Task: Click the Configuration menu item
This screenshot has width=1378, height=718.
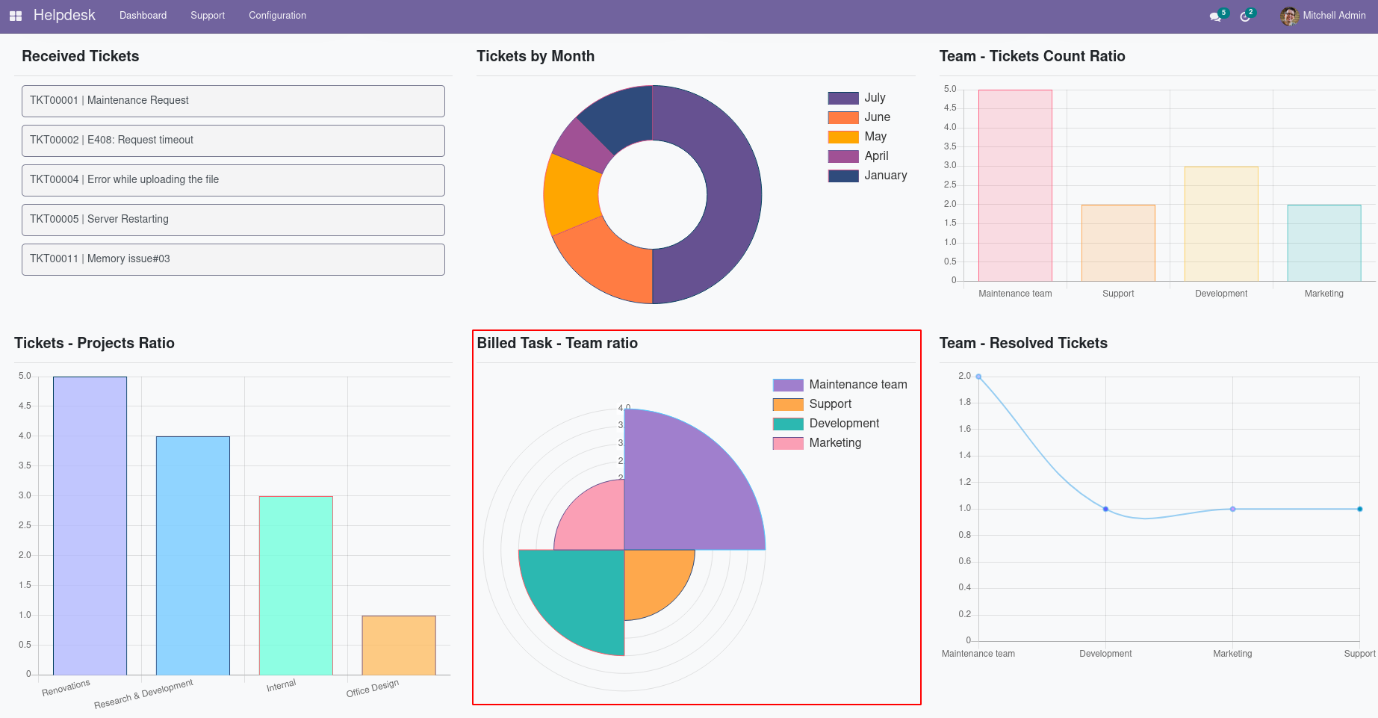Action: [x=277, y=15]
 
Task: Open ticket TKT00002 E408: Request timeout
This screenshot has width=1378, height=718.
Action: [x=233, y=140]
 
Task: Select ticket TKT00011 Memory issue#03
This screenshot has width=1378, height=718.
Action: [x=233, y=259]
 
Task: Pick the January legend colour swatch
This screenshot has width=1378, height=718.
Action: [x=842, y=176]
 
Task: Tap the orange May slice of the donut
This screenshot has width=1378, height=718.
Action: [x=571, y=194]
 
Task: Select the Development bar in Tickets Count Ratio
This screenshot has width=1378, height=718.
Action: [x=1221, y=224]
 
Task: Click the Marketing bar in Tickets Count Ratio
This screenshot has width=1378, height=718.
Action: [x=1323, y=243]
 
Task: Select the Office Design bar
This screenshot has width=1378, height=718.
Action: [x=399, y=646]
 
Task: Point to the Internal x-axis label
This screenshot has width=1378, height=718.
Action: [x=282, y=685]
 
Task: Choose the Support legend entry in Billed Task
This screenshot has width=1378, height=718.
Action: [x=830, y=404]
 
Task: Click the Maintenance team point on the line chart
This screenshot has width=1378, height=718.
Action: [x=978, y=377]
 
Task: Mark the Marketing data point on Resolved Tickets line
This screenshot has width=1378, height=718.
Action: [x=1232, y=510]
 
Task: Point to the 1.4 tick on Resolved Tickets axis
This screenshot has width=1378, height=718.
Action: [x=965, y=455]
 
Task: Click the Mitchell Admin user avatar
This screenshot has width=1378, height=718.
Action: [x=1288, y=16]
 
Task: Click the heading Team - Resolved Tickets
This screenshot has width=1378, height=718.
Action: [x=1023, y=343]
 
